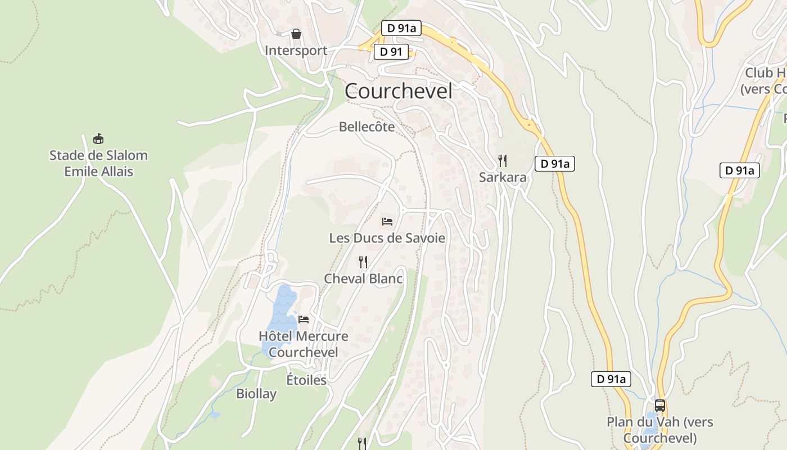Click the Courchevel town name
pos(398,91)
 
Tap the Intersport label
pos(296,51)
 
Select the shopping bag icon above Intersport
pos(296,34)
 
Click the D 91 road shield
pos(391,52)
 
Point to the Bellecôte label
pos(367,127)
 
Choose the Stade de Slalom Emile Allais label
pos(98,163)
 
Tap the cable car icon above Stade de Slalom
pos(98,138)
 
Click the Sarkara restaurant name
pos(503,178)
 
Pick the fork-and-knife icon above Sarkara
pos(503,161)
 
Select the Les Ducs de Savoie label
pos(387,238)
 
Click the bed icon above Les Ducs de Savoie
pos(387,222)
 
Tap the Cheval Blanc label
pos(363,278)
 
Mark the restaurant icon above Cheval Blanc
pos(363,262)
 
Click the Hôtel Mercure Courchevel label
pos(303,344)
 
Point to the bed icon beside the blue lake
pos(304,320)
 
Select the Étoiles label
pos(306,380)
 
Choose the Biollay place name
pos(256,394)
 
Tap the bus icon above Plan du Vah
pos(660,406)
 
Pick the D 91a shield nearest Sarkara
pos(554,164)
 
